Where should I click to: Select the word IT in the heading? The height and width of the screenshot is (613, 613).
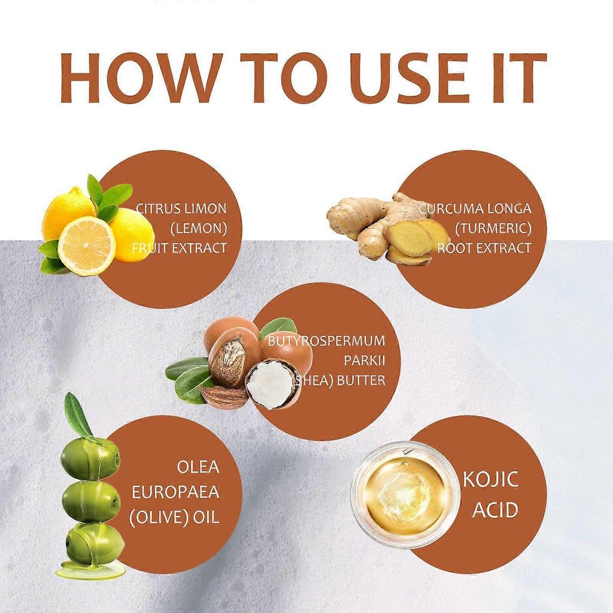coord(514,78)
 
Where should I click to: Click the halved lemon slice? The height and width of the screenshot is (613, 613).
coord(86,246)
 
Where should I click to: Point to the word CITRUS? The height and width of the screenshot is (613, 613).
coord(157,209)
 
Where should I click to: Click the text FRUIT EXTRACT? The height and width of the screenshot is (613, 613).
coord(180,248)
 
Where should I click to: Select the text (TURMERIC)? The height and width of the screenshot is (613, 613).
coord(493,228)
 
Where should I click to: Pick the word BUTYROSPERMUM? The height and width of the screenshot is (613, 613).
coord(327,341)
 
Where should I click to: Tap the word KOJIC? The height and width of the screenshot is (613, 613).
coord(491,480)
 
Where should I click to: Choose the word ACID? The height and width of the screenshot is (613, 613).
coord(494,510)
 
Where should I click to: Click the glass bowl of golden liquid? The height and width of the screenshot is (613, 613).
coord(405,494)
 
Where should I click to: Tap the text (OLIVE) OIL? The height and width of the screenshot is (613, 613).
coord(174,517)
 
